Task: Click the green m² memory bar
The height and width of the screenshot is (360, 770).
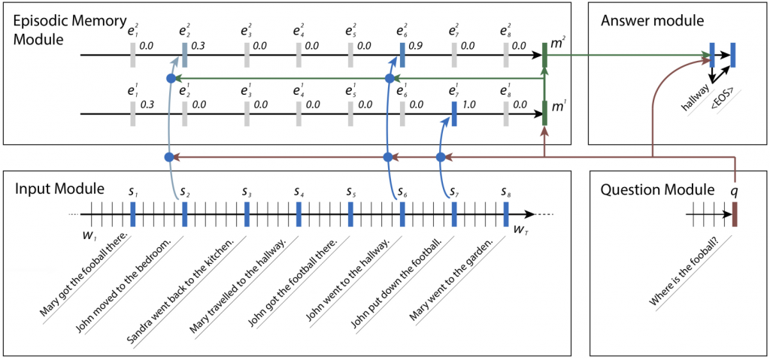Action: [x=545, y=55]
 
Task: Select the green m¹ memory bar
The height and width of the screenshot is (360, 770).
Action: [x=545, y=113]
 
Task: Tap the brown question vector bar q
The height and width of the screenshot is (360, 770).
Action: [x=735, y=214]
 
